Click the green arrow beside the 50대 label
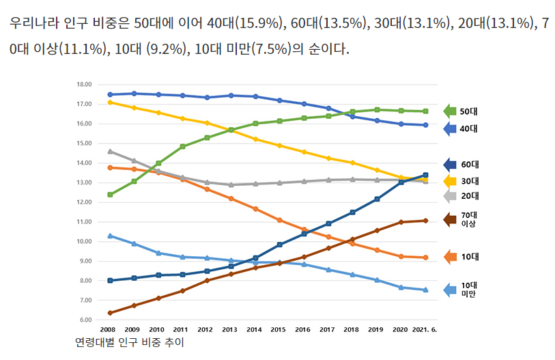coord(450,111)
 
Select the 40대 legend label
coord(468,128)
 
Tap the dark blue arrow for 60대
coord(450,164)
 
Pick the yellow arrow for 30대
coord(450,181)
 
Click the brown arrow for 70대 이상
coord(450,219)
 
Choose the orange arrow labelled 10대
coord(450,257)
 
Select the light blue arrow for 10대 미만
coord(450,290)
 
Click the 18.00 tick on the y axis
coord(84,85)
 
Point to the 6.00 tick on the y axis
coord(85,320)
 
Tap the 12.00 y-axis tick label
coord(84,202)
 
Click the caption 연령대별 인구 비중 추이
coord(130,342)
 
